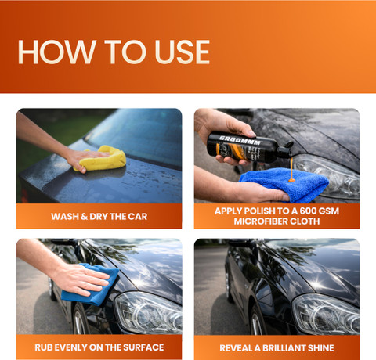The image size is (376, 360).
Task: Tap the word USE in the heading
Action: click(x=183, y=52)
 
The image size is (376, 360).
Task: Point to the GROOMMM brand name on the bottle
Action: click(x=240, y=141)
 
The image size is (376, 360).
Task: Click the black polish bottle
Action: click(x=249, y=148)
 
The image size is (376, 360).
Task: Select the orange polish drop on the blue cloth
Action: click(x=291, y=180)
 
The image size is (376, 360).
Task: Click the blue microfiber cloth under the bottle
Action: click(x=284, y=185)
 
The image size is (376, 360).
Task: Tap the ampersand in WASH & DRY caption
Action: click(x=84, y=217)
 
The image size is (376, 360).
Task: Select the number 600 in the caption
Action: click(x=307, y=211)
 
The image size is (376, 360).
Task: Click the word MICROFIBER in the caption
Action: click(x=258, y=221)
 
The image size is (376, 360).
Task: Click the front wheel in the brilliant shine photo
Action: click(x=256, y=320)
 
